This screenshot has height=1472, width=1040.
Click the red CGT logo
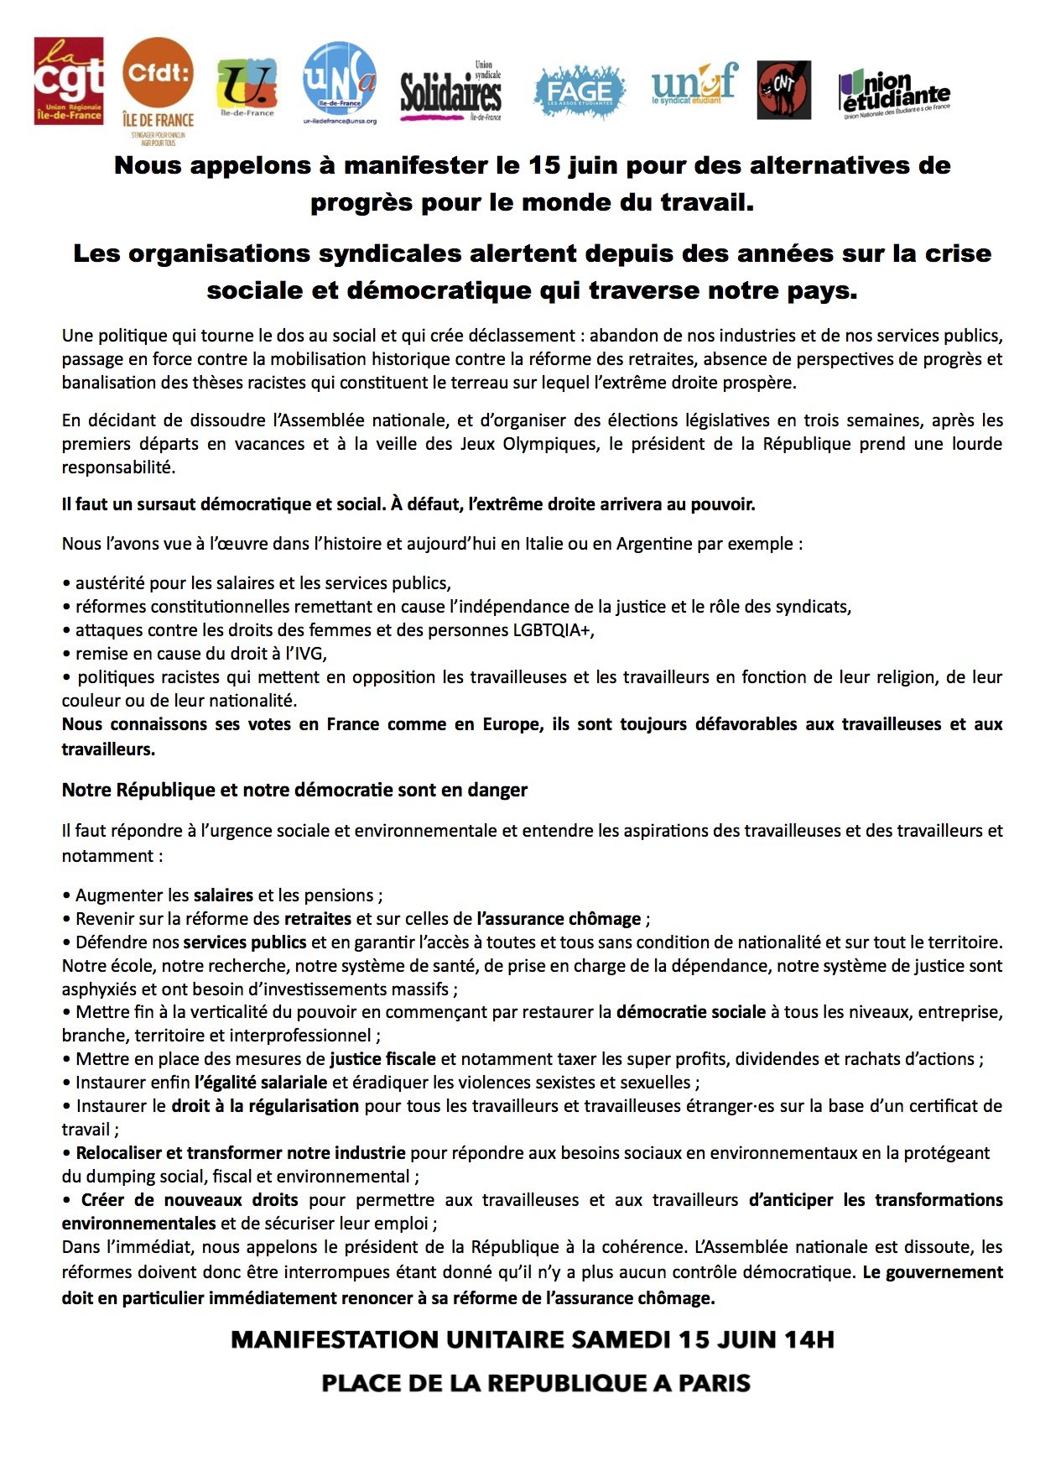click(x=69, y=81)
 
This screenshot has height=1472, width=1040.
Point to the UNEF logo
click(x=694, y=84)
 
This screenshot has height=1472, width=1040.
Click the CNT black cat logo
click(x=783, y=90)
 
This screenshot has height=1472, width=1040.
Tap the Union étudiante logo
click(x=894, y=93)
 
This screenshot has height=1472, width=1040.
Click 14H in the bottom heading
click(x=809, y=1339)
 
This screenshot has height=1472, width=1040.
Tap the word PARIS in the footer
click(x=715, y=1383)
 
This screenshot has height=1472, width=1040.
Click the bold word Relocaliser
click(x=119, y=1153)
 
